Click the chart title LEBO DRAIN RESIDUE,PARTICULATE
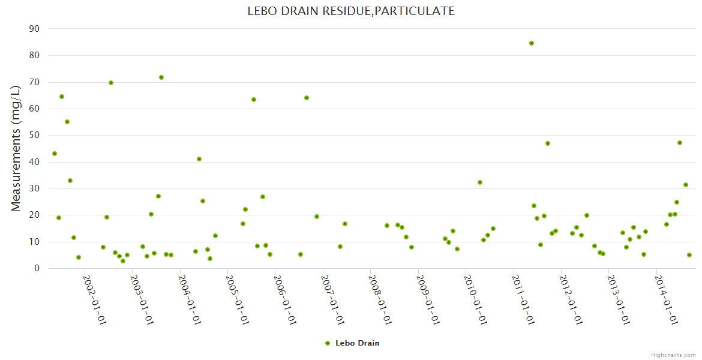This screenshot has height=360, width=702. click(x=351, y=11)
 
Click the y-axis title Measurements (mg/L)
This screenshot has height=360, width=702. click(x=16, y=148)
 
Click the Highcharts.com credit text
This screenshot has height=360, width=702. click(x=674, y=355)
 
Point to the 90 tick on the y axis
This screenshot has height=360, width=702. click(x=34, y=29)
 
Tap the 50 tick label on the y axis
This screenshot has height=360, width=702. click(x=34, y=136)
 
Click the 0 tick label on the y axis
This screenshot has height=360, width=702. click(x=37, y=269)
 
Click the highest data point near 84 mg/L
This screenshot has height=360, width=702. click(x=532, y=43)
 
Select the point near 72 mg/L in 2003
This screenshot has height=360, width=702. click(x=161, y=77)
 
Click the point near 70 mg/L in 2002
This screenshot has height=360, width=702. click(x=111, y=83)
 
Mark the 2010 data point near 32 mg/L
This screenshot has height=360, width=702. click(x=480, y=182)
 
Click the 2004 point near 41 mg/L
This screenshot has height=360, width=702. click(x=199, y=159)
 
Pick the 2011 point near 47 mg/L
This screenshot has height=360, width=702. click(x=548, y=143)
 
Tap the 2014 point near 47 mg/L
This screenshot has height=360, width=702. click(x=680, y=143)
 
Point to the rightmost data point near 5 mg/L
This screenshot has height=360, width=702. click(x=689, y=255)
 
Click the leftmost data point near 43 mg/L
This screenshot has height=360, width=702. click(x=55, y=154)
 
